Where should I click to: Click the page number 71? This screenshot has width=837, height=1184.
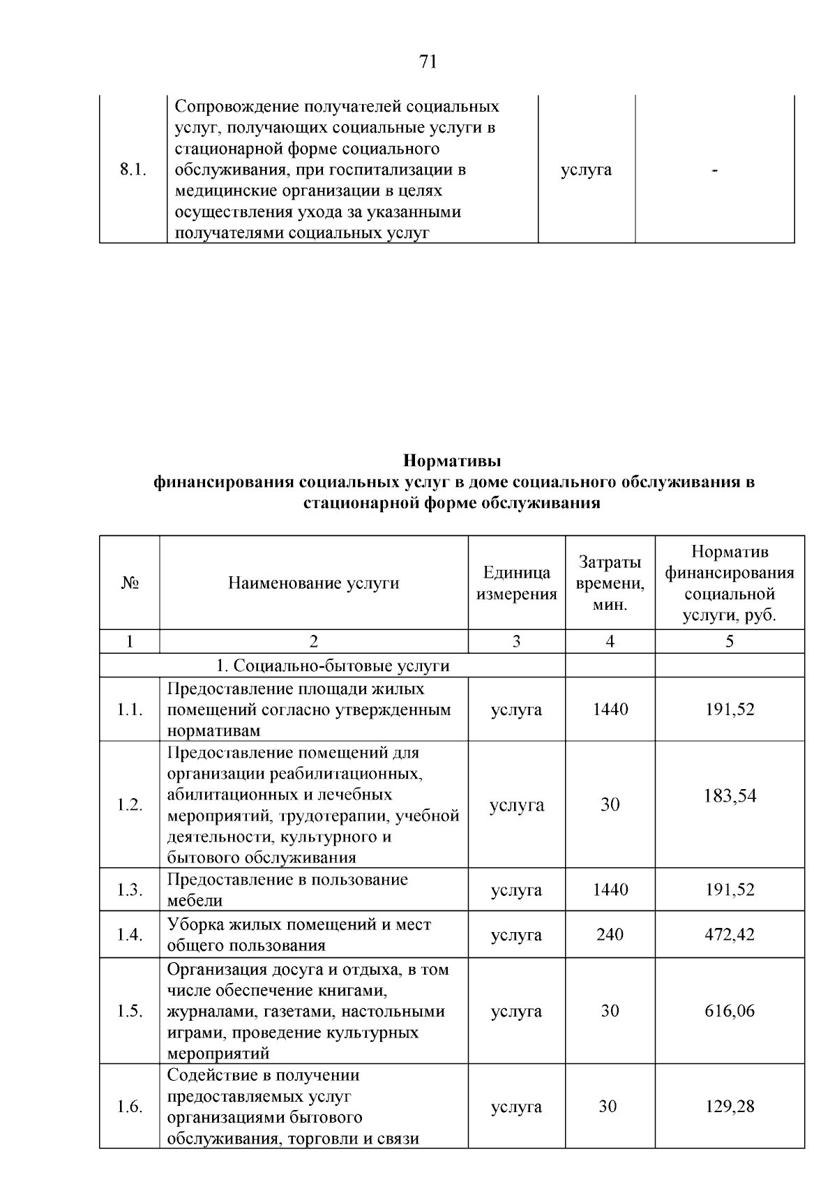428,62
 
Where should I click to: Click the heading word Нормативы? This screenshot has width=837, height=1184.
453,461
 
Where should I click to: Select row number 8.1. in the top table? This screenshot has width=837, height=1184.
133,170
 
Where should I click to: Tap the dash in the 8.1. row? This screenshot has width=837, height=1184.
715,170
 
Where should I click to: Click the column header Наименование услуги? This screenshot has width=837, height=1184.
314,583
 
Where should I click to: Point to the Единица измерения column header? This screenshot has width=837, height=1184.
516,583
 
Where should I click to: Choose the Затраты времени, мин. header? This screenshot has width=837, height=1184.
610,583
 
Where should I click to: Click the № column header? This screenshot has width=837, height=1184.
130,583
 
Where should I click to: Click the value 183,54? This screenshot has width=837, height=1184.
730,796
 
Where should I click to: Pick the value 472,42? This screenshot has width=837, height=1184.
730,934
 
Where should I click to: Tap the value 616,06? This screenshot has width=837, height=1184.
730,1011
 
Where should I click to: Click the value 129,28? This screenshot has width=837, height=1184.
730,1107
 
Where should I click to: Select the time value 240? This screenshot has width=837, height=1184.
610,934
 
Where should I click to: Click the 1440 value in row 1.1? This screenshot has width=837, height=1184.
610,710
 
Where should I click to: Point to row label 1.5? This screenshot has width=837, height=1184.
130,1011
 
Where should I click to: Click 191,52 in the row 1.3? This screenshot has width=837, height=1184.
730,890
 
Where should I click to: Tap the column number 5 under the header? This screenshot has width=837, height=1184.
730,641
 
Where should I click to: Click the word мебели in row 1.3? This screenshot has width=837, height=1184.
195,901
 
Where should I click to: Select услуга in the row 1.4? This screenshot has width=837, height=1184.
516,934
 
